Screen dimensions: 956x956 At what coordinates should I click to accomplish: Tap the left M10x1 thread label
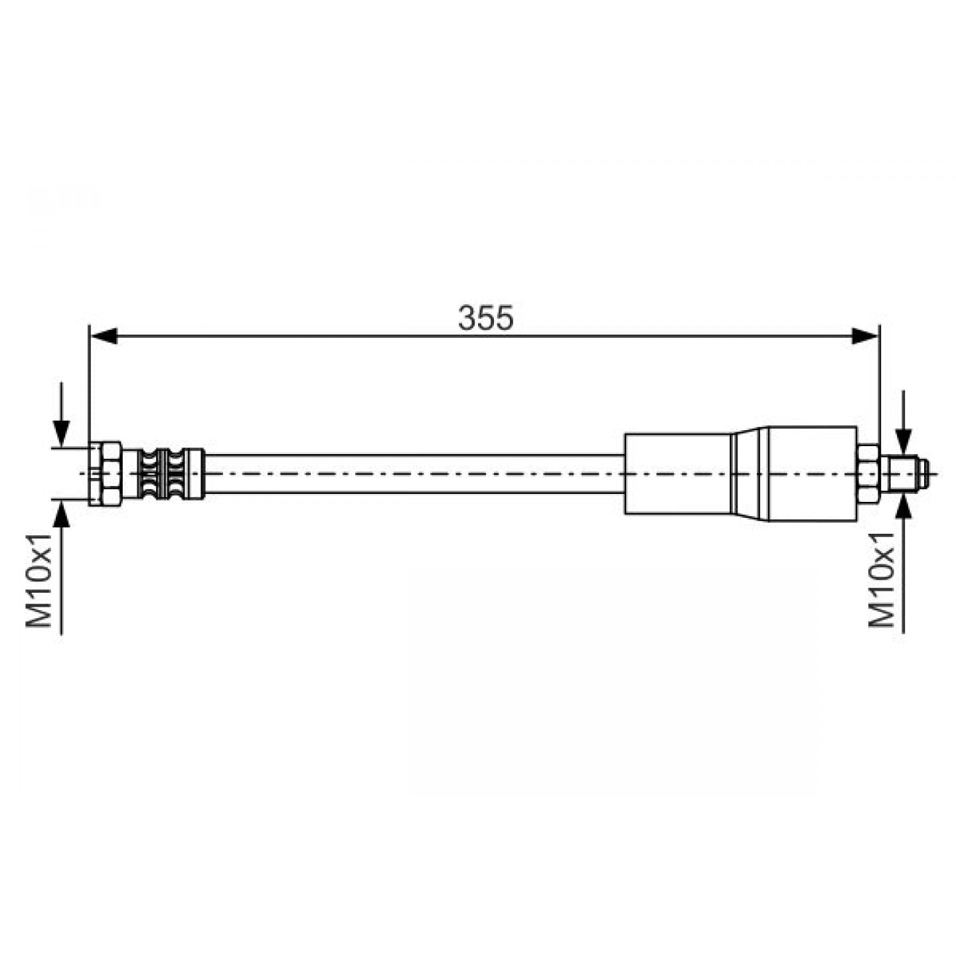pos(39,580)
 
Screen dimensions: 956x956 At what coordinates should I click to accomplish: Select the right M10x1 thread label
pos(881,580)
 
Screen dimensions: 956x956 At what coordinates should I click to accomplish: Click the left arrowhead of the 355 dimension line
pos(105,336)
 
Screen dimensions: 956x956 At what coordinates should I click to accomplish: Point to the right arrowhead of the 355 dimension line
pos(864,336)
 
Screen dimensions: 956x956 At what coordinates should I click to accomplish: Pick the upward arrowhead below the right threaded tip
pos(904,505)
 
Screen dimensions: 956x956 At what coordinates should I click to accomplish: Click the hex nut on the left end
pos(104,474)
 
